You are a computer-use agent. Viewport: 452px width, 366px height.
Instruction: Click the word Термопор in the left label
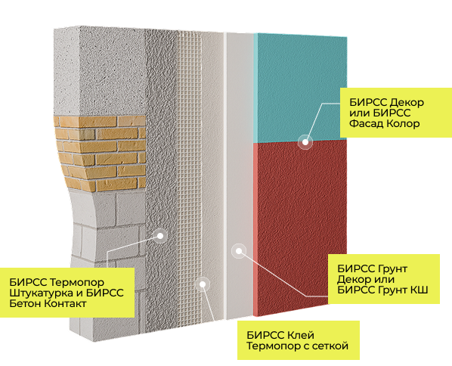77,282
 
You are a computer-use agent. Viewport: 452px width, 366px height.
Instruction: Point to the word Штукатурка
42,293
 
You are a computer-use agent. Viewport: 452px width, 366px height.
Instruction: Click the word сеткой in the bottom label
330,346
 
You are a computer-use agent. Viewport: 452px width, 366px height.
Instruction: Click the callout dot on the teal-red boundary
305,142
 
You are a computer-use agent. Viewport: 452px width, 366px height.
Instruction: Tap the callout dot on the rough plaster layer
160,236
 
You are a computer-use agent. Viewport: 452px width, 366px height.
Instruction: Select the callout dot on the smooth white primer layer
239,251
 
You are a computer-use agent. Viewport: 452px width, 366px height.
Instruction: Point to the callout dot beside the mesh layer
203,284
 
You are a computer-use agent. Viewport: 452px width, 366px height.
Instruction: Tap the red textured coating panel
300,225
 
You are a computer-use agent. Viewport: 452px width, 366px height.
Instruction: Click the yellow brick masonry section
101,153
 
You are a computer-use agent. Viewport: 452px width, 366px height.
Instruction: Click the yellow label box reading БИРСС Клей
299,340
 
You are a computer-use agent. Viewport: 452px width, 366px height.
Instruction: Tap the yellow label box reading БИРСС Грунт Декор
384,279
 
